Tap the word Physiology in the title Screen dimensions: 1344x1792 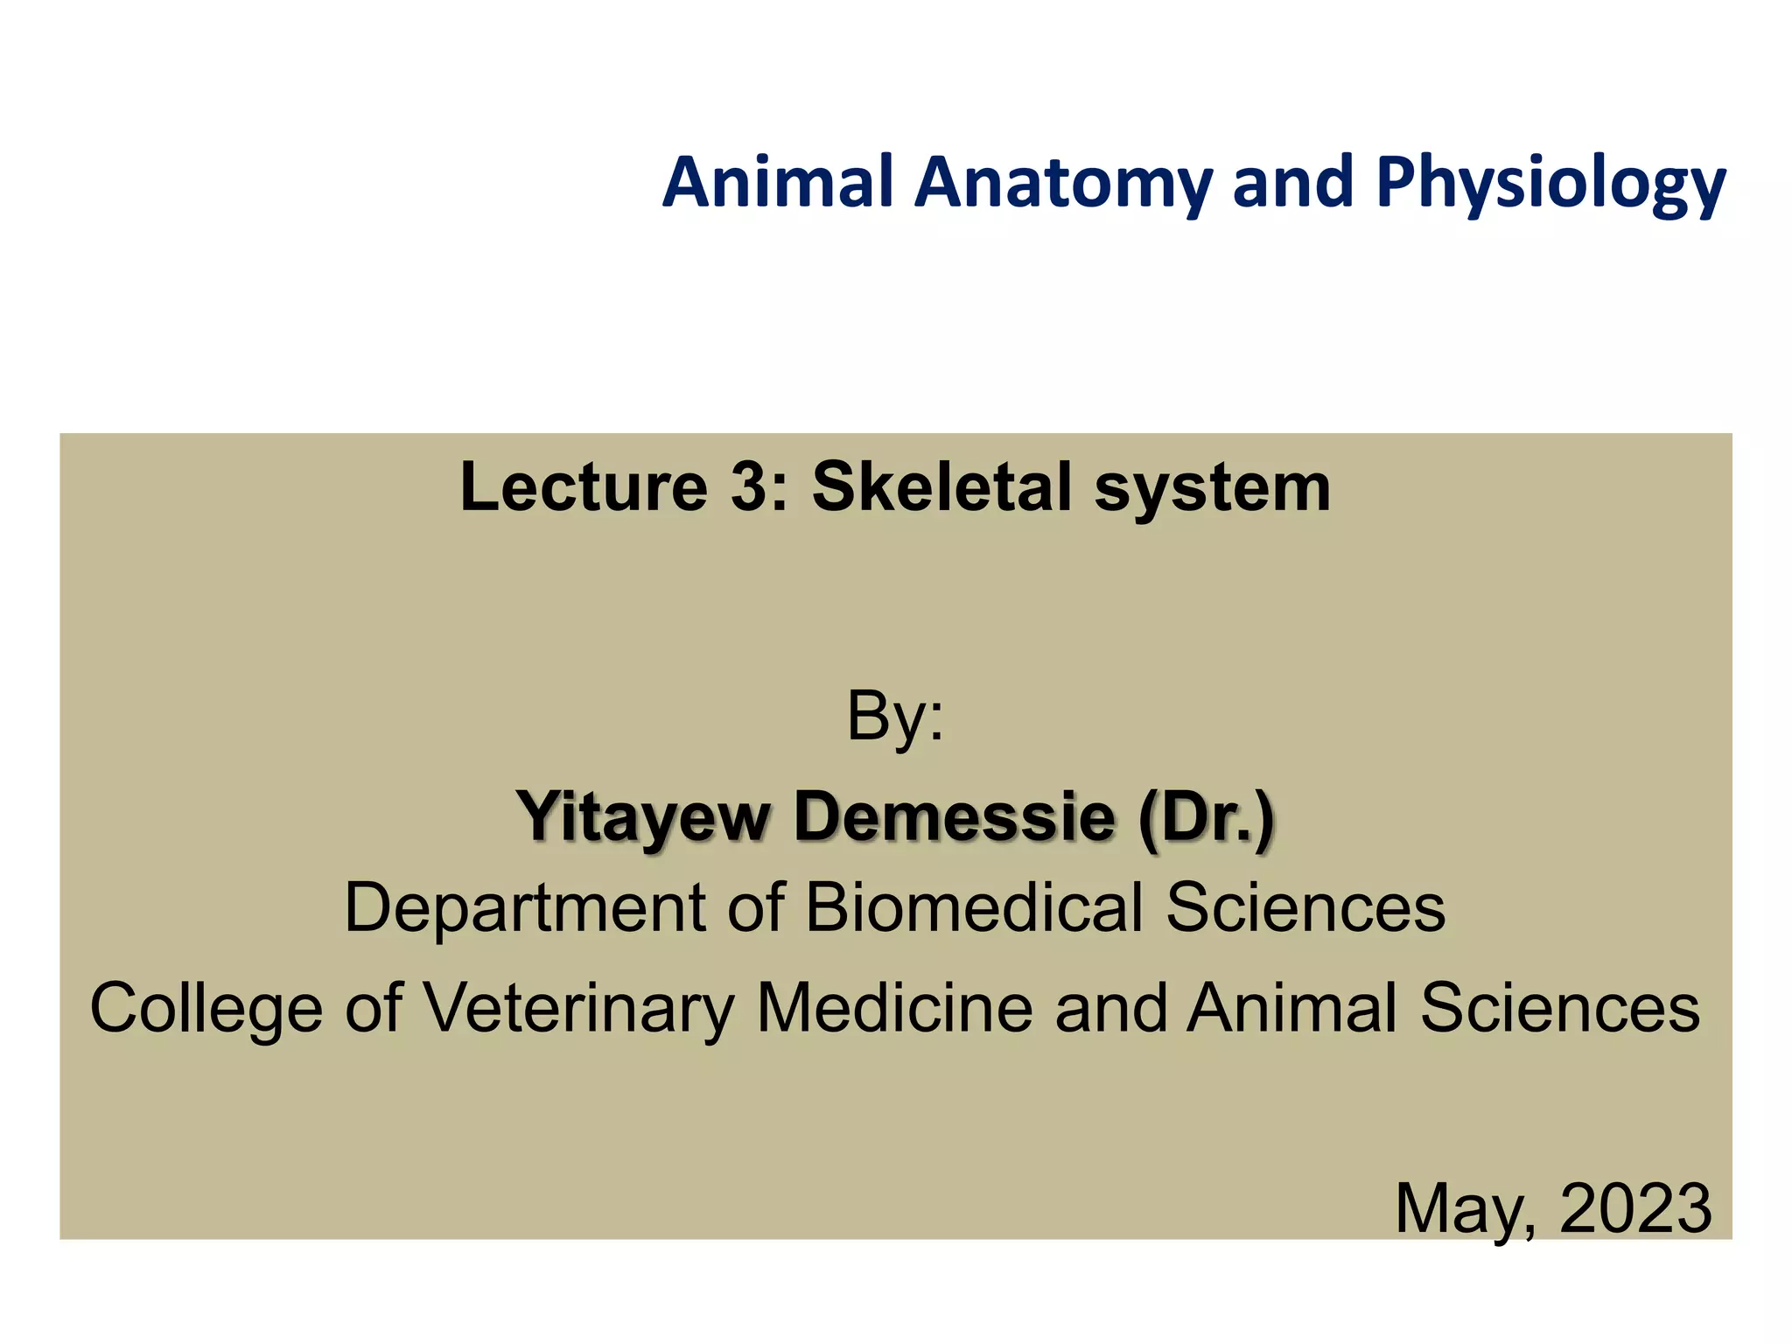pos(1550,184)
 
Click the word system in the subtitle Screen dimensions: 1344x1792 pos(1213,488)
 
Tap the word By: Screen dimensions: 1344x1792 pos(895,717)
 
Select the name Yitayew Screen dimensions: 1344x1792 pos(643,816)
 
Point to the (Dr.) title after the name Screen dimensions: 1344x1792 pos(1207,816)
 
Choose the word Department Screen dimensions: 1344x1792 pos(524,908)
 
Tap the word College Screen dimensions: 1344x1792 pos(206,1009)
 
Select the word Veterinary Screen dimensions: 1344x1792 pos(579,1009)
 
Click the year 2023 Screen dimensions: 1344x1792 pos(1635,1207)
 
